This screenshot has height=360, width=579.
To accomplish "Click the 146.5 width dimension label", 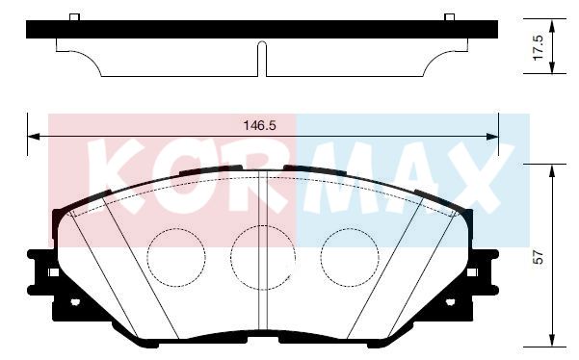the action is point(259,126).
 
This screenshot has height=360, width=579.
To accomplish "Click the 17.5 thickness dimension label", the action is point(538,48).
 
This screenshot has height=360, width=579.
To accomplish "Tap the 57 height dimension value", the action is point(540,257).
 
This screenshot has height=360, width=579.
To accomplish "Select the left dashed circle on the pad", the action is point(176,257).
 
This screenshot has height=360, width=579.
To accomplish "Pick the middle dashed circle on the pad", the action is point(263,258).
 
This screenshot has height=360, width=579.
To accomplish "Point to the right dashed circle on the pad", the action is point(350,257).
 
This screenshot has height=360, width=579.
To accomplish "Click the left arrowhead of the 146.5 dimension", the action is point(34,137).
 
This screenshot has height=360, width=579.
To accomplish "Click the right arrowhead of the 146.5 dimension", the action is point(492,137).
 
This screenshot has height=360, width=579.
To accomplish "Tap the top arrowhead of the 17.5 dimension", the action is point(552,25).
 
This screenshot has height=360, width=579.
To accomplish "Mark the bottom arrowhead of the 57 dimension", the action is point(552,340).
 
